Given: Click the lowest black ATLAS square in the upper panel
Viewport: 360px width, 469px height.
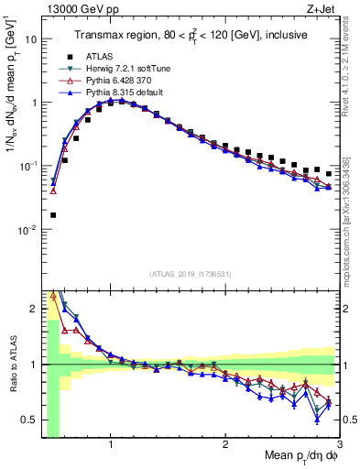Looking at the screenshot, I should coord(53,215).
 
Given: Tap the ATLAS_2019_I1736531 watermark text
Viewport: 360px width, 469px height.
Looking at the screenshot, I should coord(191,274).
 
